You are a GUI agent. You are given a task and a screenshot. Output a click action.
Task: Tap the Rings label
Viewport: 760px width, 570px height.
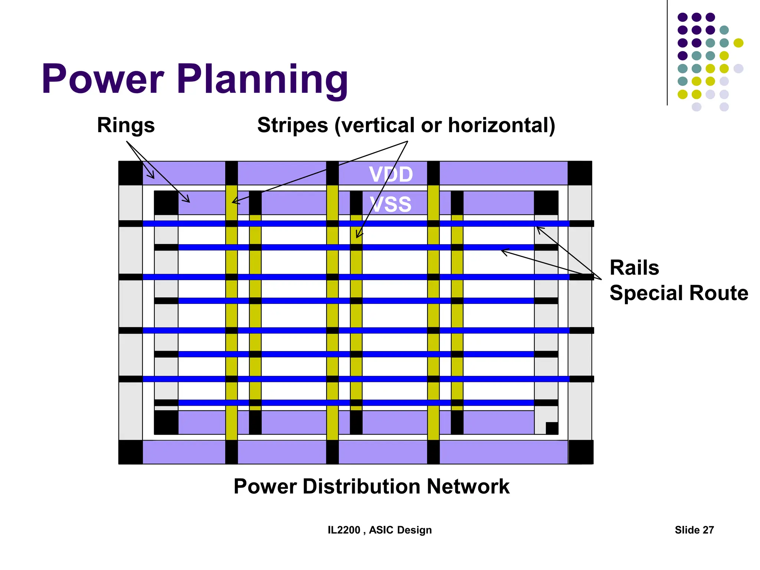tap(126, 125)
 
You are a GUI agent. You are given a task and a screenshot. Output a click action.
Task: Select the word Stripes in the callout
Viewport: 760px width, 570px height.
tap(292, 125)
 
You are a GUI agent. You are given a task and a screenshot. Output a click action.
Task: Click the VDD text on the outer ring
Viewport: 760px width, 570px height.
tap(391, 174)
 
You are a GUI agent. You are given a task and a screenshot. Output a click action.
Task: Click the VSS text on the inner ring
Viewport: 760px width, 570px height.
tap(391, 204)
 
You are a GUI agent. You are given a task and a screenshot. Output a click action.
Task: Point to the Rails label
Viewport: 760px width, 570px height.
tap(634, 268)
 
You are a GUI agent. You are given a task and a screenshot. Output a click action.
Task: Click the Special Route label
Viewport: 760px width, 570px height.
tap(679, 293)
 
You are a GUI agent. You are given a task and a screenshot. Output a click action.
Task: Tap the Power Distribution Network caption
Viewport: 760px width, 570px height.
tap(371, 486)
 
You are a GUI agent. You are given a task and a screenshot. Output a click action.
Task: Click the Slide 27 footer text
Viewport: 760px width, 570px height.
tap(694, 530)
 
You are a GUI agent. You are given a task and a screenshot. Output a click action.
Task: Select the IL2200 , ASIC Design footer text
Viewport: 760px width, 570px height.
tap(380, 530)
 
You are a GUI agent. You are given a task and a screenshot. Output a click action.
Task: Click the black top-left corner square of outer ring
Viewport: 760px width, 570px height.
tap(130, 173)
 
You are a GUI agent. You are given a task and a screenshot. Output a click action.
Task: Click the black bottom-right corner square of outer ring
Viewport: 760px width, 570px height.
tap(581, 452)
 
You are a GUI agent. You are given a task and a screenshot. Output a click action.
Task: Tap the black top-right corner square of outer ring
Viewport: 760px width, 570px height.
tap(580, 173)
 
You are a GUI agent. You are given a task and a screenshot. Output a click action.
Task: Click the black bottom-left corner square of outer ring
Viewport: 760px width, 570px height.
tap(130, 452)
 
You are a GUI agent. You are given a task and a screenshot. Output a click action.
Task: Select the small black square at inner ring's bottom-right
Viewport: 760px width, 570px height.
tap(552, 428)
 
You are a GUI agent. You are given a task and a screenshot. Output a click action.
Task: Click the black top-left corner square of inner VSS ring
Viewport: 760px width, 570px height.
tap(166, 203)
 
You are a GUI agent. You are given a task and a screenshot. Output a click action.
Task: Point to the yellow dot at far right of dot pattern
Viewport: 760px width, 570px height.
tap(738, 43)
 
